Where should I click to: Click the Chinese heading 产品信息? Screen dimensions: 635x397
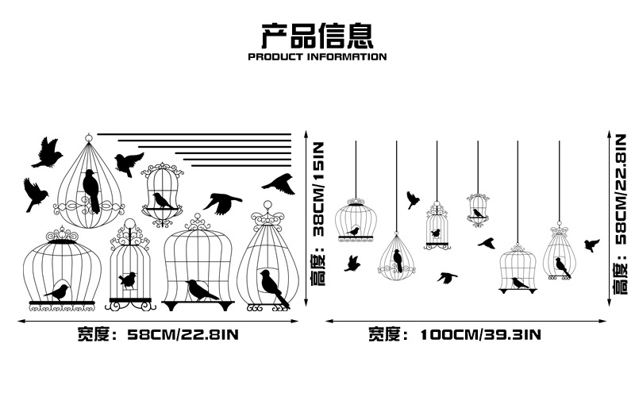pos(317,36)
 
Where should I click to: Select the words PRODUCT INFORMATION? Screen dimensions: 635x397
pos(317,56)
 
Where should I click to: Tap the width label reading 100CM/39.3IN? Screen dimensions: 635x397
pos(480,335)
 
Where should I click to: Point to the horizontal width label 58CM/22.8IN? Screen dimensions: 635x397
pos(183,335)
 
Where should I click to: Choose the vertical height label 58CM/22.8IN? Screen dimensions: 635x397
pos(622,190)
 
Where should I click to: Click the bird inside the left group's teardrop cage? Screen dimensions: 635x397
pos(91,191)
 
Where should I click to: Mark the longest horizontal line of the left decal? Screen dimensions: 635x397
pos(194,134)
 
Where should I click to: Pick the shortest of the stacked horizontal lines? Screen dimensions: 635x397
pos(241,165)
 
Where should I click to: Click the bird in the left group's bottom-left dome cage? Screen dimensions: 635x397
pos(58,291)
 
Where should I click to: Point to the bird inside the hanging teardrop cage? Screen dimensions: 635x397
pos(398,260)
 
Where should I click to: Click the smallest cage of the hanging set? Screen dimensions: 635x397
pos(478,210)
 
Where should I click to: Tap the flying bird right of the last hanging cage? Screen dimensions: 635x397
pos(591,245)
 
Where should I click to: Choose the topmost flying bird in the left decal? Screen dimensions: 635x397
pos(48,153)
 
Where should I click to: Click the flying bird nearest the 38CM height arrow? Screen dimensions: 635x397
pos(280,184)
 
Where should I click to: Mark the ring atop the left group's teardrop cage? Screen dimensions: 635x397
pos(89,137)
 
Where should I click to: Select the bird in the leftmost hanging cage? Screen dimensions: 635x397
pos(353,232)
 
